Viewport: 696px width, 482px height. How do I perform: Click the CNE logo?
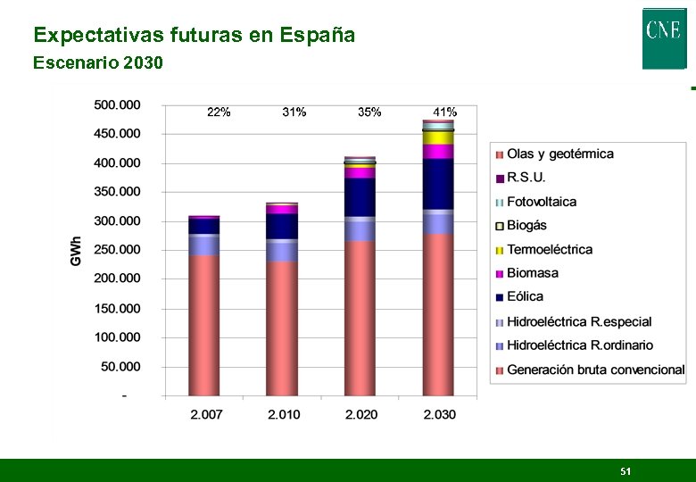tap(664, 37)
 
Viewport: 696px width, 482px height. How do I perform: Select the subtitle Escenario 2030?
tap(98, 63)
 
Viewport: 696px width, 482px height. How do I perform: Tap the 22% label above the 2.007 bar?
tap(219, 112)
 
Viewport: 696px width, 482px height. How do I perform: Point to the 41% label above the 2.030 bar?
tap(444, 112)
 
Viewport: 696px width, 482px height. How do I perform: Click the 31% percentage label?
tap(294, 112)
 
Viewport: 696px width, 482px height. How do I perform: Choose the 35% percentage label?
tap(369, 112)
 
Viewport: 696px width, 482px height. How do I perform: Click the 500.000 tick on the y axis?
tap(118, 105)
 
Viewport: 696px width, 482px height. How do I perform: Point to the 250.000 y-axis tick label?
tap(118, 250)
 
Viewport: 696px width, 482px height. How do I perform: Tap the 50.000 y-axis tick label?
tap(120, 367)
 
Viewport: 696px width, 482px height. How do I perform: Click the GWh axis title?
tap(77, 250)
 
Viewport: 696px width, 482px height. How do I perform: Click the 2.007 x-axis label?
tap(205, 415)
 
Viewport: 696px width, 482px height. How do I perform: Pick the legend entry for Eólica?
tap(525, 297)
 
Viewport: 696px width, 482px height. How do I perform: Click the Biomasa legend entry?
tap(532, 273)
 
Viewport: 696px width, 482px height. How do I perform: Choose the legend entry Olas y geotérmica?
tap(559, 154)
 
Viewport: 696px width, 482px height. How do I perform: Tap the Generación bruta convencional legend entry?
tap(595, 370)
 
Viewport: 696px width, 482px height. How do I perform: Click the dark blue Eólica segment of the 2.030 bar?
tap(438, 183)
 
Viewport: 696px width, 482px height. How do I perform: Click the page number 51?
tap(626, 471)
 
